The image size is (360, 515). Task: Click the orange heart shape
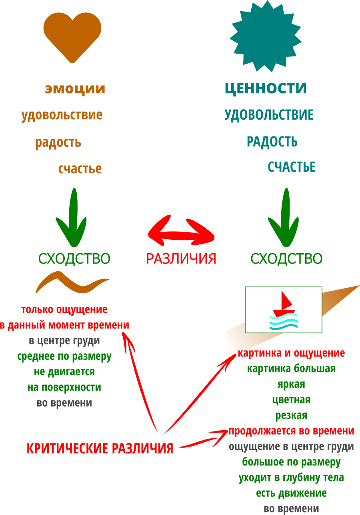coord(72,37)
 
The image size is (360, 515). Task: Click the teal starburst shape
coord(266,36)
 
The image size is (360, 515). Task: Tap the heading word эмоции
coord(75,89)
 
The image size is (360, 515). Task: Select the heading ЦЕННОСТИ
coord(266,88)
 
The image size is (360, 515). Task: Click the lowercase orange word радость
coord(58,142)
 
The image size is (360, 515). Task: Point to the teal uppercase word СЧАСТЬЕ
coord(292,167)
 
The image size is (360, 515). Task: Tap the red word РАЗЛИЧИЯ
coord(181,259)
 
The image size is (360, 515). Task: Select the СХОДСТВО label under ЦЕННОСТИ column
coord(286,259)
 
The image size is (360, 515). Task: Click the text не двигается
coord(64,372)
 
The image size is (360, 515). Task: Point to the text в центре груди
coord(64,341)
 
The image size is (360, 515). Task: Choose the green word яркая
coord(291,384)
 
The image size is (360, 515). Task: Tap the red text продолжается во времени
coord(291,431)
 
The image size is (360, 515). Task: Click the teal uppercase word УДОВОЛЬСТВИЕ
coord(269,115)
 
